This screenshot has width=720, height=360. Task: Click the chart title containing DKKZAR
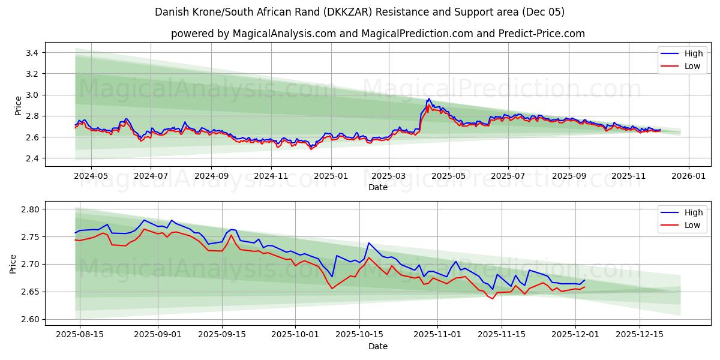[359, 12]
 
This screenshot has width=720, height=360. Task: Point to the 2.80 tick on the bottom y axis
[29, 209]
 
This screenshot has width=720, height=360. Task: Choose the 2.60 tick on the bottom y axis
[29, 319]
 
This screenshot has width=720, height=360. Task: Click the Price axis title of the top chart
[18, 105]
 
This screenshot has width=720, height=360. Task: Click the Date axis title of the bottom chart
[377, 346]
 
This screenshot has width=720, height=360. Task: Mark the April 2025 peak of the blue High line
[428, 99]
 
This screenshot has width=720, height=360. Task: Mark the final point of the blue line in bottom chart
[584, 280]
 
